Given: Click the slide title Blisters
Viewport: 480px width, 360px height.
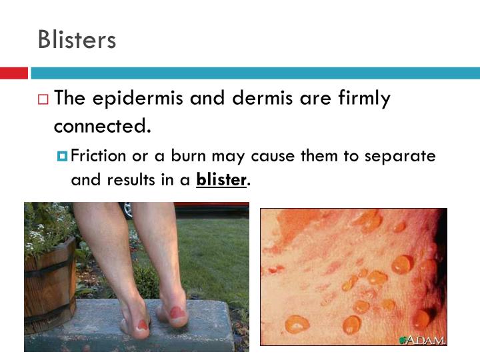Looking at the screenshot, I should pos(77,39).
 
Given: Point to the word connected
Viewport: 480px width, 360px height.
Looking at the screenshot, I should pos(101,125).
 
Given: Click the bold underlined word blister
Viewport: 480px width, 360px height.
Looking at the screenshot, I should pos(221,179).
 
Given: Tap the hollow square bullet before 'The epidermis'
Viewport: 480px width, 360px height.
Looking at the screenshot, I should pos(43,100).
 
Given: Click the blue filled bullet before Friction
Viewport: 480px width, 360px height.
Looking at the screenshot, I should pos(63,157).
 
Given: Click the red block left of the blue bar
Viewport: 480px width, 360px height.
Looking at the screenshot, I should pos(13,73).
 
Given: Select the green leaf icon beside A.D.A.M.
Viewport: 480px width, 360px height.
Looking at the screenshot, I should pos(402,340).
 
